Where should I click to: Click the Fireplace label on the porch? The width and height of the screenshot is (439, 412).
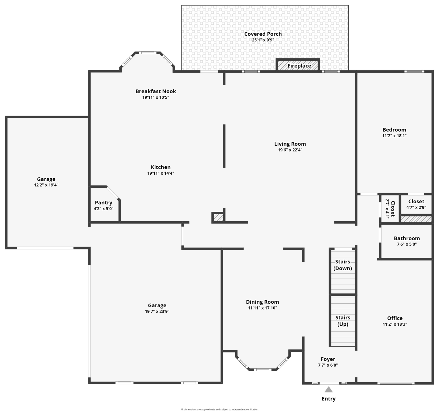pyautogui.click(x=299, y=66)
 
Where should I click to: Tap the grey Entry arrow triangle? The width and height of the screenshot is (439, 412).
pyautogui.click(x=328, y=389)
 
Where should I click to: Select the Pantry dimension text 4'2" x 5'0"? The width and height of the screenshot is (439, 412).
pyautogui.click(x=103, y=209)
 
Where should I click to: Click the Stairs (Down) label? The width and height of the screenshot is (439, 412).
pyautogui.click(x=343, y=265)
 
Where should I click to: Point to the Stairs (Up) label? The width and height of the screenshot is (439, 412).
pyautogui.click(x=343, y=321)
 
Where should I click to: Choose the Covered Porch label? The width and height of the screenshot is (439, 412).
pyautogui.click(x=263, y=34)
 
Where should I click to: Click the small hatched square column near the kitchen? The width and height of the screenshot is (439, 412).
pyautogui.click(x=218, y=218)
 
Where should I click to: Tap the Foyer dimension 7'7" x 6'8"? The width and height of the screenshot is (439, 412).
pyautogui.click(x=328, y=365)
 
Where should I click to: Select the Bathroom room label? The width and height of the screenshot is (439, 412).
pyautogui.click(x=407, y=238)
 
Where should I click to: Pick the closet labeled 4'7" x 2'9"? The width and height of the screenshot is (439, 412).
pyautogui.click(x=416, y=204)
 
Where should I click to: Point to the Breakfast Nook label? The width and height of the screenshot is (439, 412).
pyautogui.click(x=156, y=91)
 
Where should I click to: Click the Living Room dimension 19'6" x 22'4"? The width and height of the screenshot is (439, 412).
pyautogui.click(x=290, y=150)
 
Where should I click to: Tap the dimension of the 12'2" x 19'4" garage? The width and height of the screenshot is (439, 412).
pyautogui.click(x=46, y=185)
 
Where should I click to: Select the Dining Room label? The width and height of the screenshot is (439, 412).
pyautogui.click(x=262, y=302)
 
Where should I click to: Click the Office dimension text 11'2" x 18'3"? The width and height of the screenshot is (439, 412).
pyautogui.click(x=395, y=324)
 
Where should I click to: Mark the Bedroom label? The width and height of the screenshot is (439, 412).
pyautogui.click(x=394, y=130)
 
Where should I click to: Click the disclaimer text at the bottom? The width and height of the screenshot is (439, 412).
pyautogui.click(x=219, y=409)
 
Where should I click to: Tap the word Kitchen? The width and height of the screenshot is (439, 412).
pyautogui.click(x=161, y=167)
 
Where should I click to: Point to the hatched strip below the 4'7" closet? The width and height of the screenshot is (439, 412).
pyautogui.click(x=416, y=219)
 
